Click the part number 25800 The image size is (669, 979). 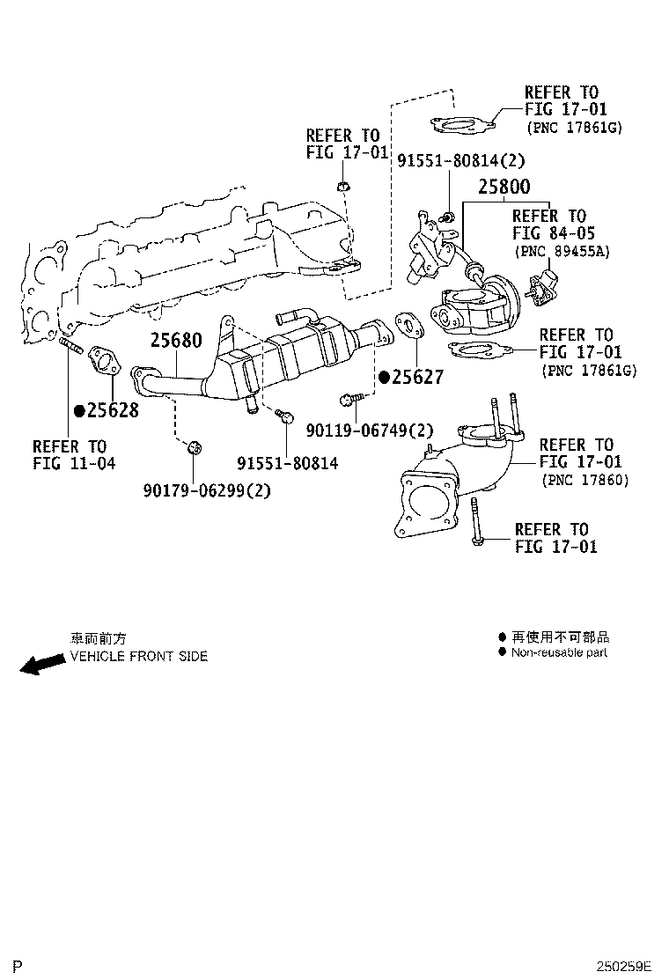pos(504,188)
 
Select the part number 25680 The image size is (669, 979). pos(176,340)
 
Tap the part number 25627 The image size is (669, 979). pos(418,378)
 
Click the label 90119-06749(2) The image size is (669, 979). pos(371,430)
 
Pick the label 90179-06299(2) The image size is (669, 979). pos(207,491)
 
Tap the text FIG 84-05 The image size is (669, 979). pos(554,233)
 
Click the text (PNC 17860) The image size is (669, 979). pos(585,480)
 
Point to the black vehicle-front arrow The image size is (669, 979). pos(41,664)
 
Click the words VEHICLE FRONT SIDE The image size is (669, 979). pos(139,657)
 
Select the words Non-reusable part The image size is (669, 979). pos(559,652)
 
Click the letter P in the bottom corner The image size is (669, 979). pos(17,967)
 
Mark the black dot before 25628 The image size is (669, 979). pos(79,410)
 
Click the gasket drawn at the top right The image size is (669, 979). pos(462,126)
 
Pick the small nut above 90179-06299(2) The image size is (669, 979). pos(195,450)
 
